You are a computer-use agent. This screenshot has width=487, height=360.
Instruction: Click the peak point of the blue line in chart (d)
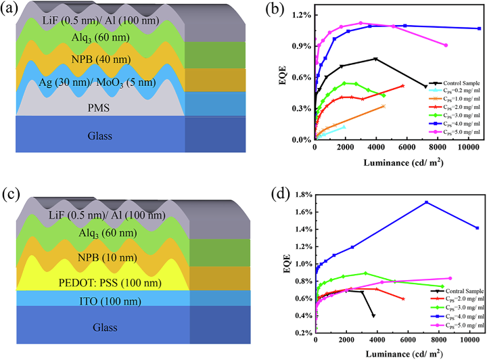(427, 202)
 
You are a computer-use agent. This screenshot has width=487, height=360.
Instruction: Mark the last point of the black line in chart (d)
(373, 316)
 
